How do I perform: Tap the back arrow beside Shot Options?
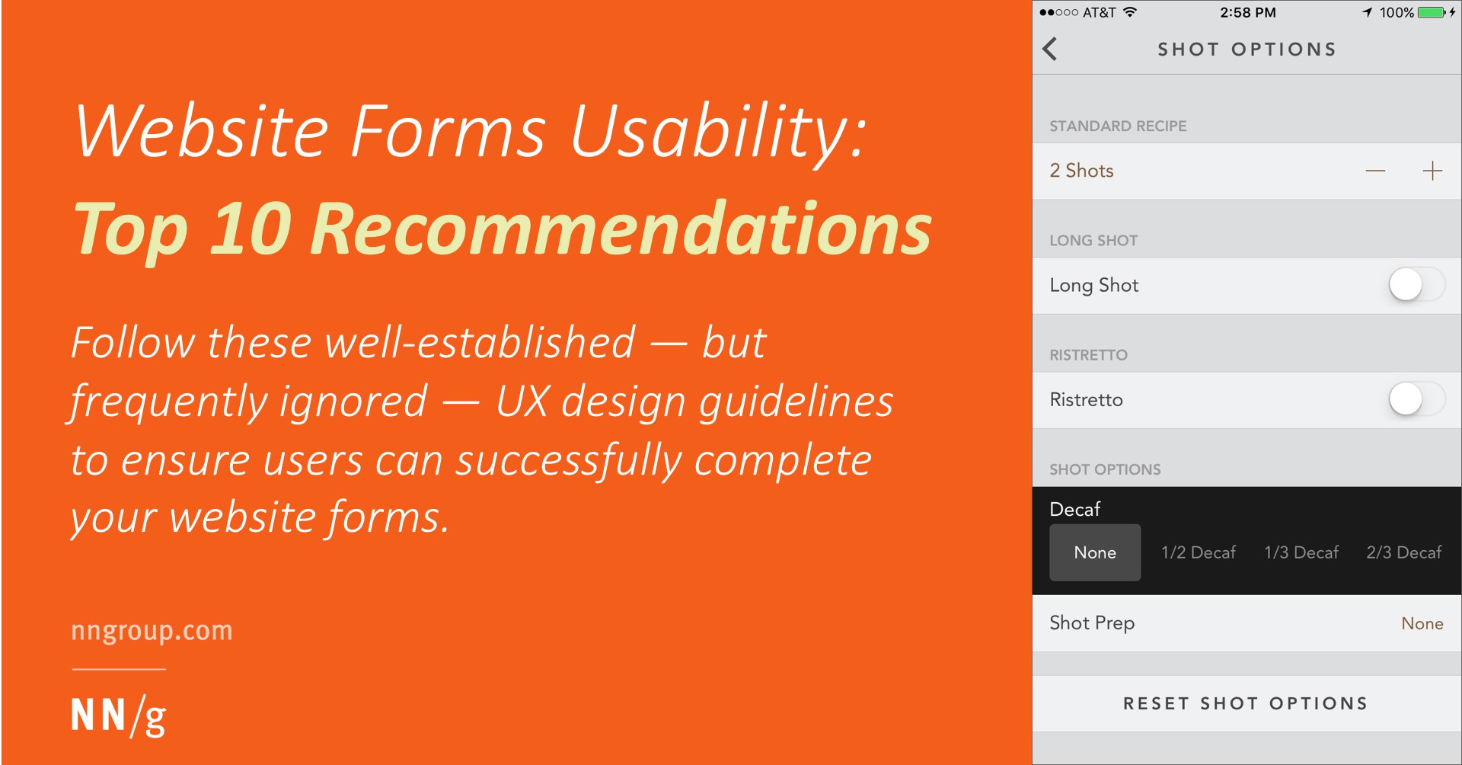(1050, 49)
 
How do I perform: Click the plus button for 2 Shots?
(1432, 171)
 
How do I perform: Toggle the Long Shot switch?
(1416, 285)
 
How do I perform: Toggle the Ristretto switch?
(1416, 399)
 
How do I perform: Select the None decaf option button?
(1095, 552)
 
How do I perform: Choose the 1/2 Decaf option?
(1199, 552)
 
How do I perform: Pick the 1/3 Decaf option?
(1301, 552)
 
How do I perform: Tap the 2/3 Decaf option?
(1404, 552)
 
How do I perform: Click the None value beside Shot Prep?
(1422, 623)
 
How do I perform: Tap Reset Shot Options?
(1246, 703)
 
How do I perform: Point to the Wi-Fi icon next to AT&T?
(1130, 11)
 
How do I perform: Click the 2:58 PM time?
(1248, 12)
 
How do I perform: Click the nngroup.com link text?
(152, 631)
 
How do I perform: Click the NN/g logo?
(119, 716)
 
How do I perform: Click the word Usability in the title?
(718, 131)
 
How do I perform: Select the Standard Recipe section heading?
(1118, 126)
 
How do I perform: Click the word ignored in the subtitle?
(353, 402)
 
